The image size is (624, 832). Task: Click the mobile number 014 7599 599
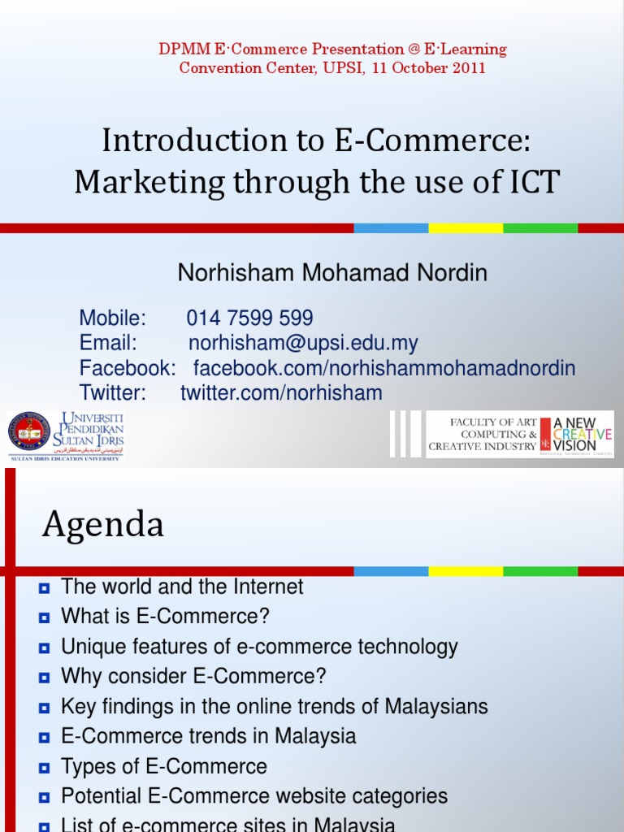coord(249,318)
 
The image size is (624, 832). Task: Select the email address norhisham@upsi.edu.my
coord(303,343)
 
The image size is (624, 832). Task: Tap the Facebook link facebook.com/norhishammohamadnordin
coord(383,368)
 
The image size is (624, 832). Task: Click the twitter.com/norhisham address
coord(281,393)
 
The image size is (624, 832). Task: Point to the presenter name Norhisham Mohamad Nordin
coord(332,273)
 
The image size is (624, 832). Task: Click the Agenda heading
coord(103,525)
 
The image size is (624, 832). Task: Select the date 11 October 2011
coord(429,68)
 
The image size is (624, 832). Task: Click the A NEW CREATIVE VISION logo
coord(582,434)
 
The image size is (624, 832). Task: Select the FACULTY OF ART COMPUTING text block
coord(482,434)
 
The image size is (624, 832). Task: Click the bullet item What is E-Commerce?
coord(165,617)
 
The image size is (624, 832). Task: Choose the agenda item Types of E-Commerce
coord(164,766)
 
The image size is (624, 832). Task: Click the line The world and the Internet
coord(182,587)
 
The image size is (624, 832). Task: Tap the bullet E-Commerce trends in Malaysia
coord(209,737)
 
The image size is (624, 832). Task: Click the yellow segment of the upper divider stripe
coord(466,228)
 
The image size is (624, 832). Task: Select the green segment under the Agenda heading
coord(540,571)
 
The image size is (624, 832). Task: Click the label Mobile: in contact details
coord(113,318)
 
